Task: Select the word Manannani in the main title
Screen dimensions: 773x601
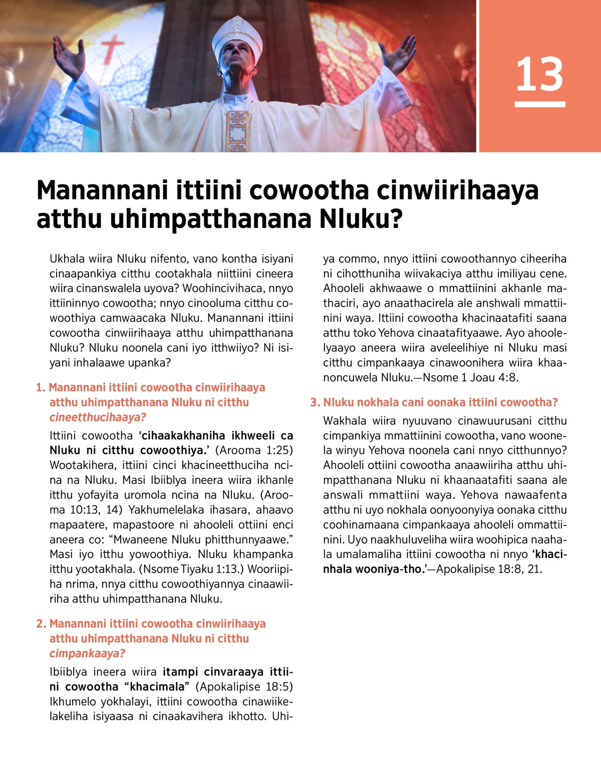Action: point(102,190)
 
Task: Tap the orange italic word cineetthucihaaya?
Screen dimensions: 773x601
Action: point(98,417)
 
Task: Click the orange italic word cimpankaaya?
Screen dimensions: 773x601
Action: point(87,653)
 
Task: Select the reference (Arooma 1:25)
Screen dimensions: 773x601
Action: point(254,450)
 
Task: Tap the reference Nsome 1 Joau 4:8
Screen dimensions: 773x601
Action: point(471,377)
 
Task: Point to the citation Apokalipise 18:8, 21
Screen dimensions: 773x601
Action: point(489,569)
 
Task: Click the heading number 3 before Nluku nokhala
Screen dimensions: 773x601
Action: point(314,402)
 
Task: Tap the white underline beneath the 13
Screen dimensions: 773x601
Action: point(539,104)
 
